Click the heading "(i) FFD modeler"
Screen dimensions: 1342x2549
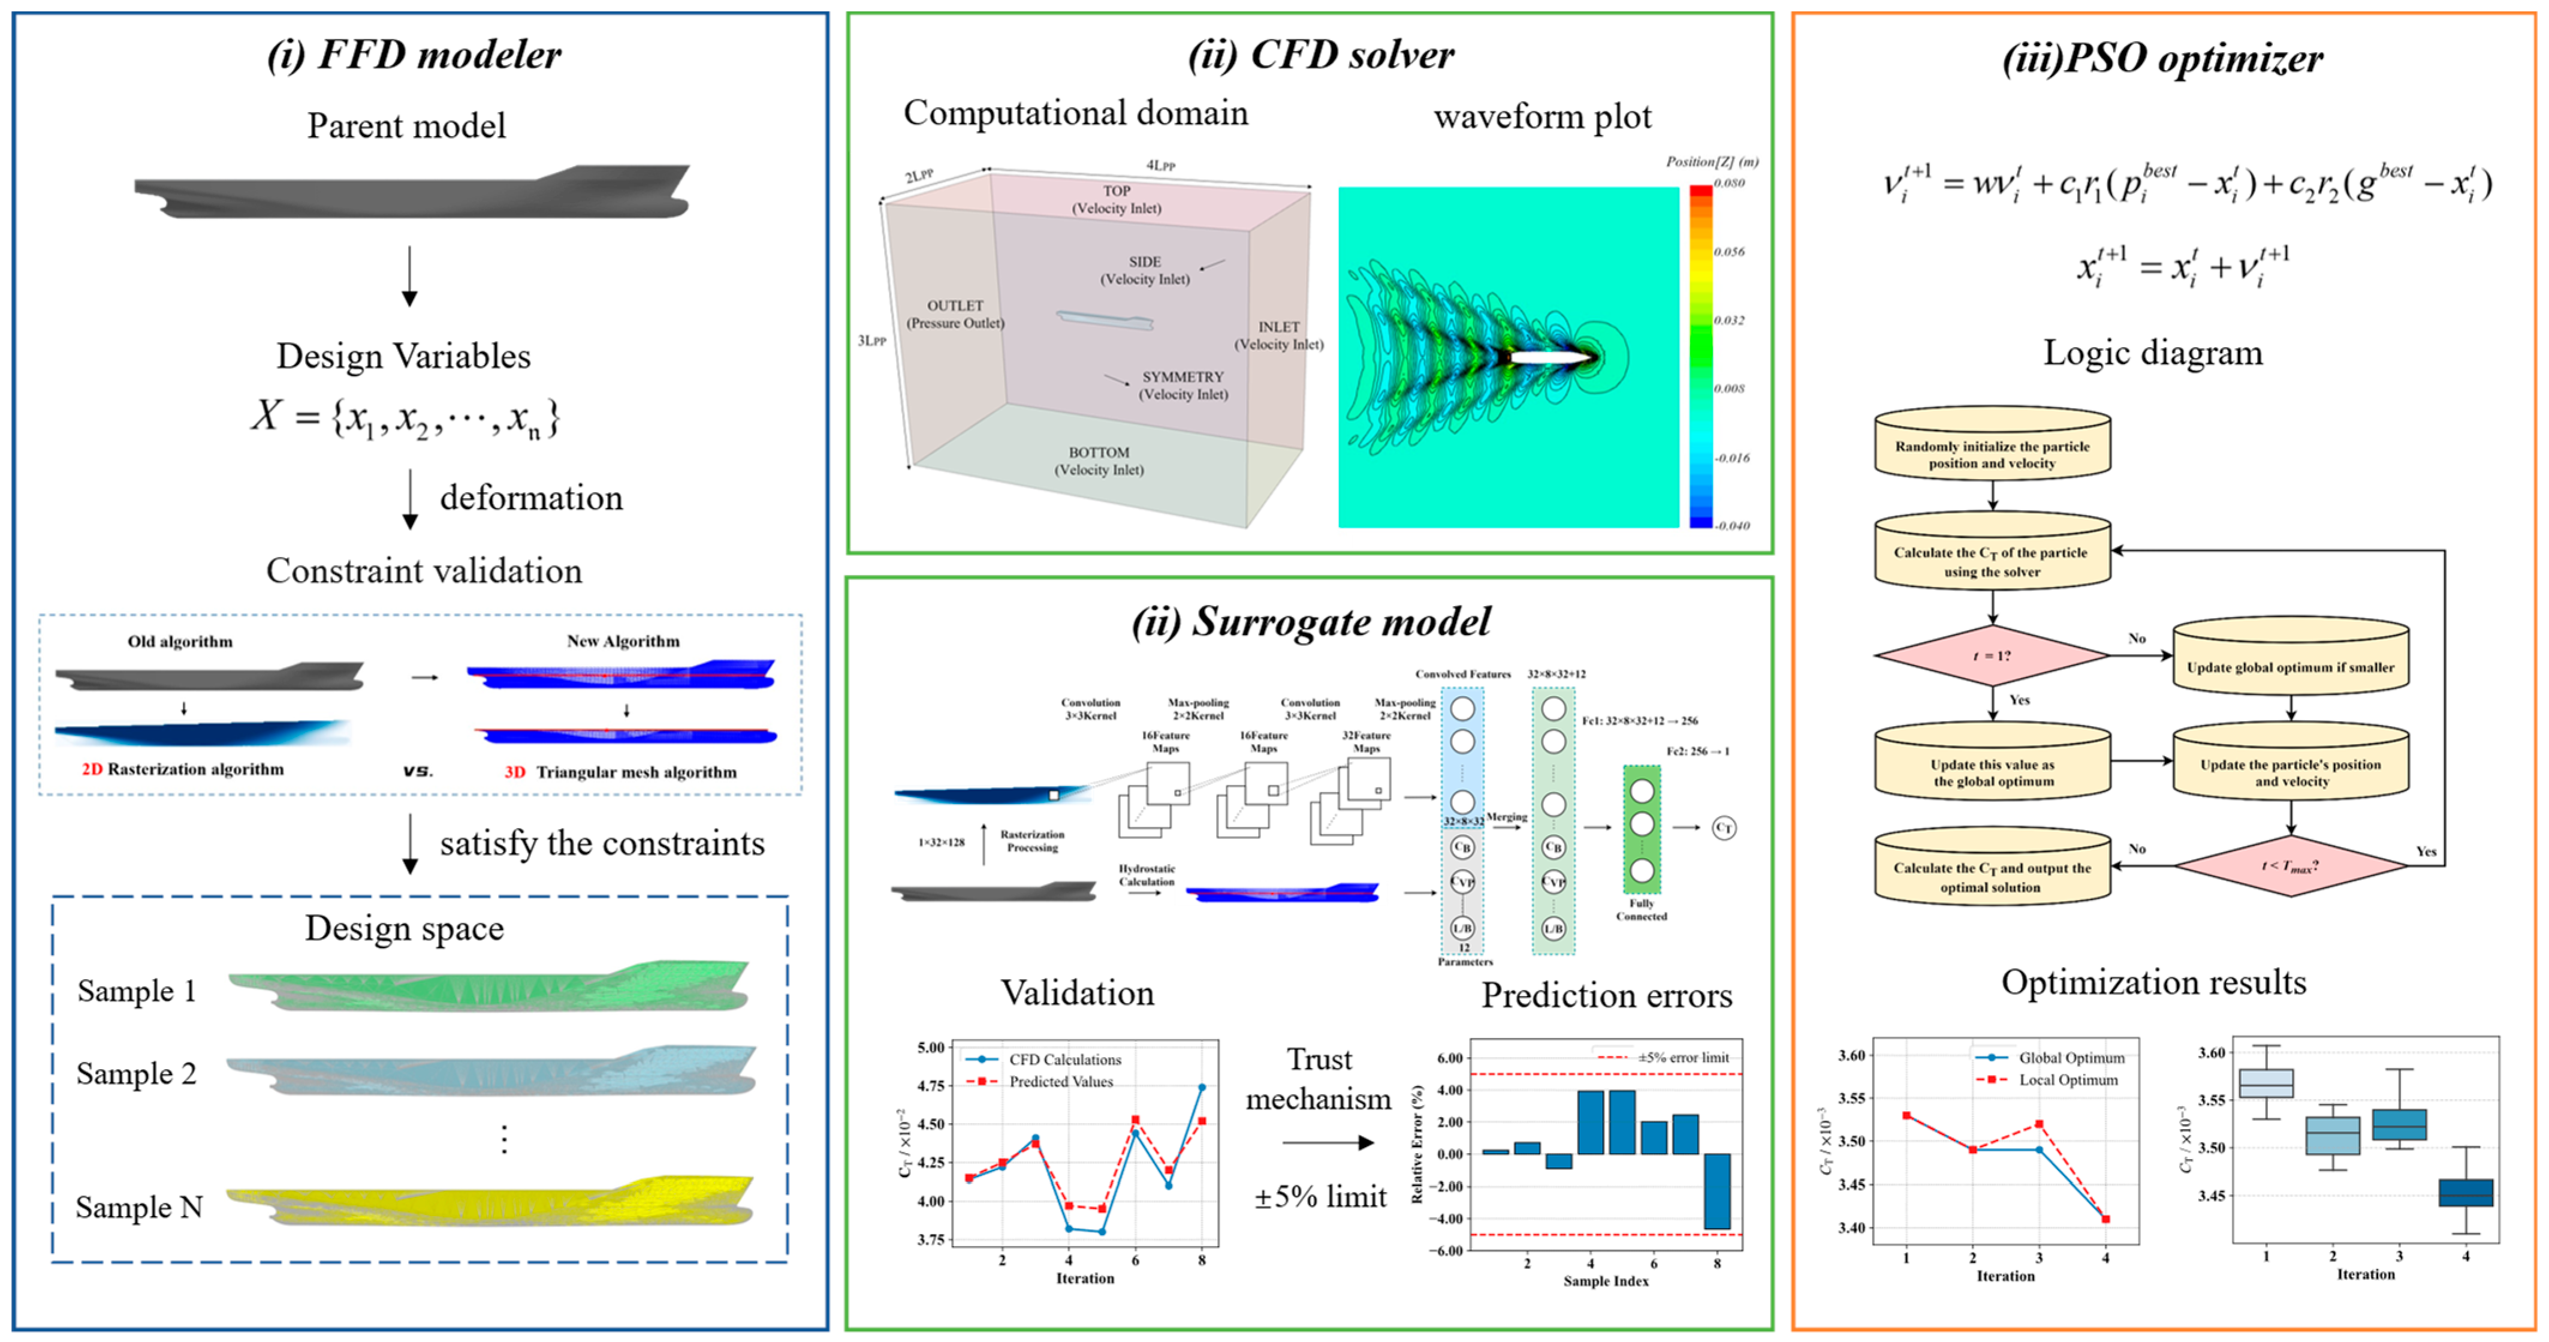tap(414, 55)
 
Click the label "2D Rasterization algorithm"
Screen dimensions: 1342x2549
tap(183, 769)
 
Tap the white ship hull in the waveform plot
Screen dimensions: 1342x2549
tap(1549, 357)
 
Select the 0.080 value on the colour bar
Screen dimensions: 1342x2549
tap(1730, 183)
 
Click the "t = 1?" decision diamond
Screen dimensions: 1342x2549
tap(1992, 655)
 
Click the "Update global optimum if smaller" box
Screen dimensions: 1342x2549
tap(2289, 667)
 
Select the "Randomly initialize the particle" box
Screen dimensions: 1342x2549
tap(1992, 455)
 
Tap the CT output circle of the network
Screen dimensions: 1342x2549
tap(1724, 828)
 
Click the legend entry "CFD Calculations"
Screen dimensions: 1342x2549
tap(1064, 1059)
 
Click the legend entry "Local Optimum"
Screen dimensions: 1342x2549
tap(2068, 1080)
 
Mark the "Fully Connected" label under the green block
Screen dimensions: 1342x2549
tap(1642, 910)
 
